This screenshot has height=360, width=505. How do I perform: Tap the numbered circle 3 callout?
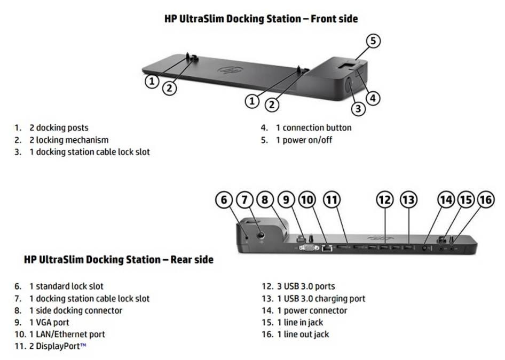coord(358,108)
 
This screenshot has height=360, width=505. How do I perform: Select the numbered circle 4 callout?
coord(374,98)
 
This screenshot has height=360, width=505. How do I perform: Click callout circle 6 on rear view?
coord(224,200)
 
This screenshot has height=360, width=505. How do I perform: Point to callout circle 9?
coord(286,200)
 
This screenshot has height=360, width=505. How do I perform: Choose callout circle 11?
coord(332,200)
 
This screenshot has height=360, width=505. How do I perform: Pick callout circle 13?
coord(408,200)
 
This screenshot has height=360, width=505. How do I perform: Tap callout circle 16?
coord(485,200)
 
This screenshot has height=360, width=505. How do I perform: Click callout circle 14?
coord(446,200)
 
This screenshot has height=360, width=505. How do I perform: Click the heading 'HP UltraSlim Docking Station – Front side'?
coord(261,19)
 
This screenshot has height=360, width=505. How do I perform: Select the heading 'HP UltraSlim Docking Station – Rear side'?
coord(119,260)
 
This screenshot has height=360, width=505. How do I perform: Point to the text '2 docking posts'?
coord(59,128)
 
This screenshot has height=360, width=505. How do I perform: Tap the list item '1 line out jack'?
coord(303,334)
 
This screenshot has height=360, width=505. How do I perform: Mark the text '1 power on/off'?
coord(304,140)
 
